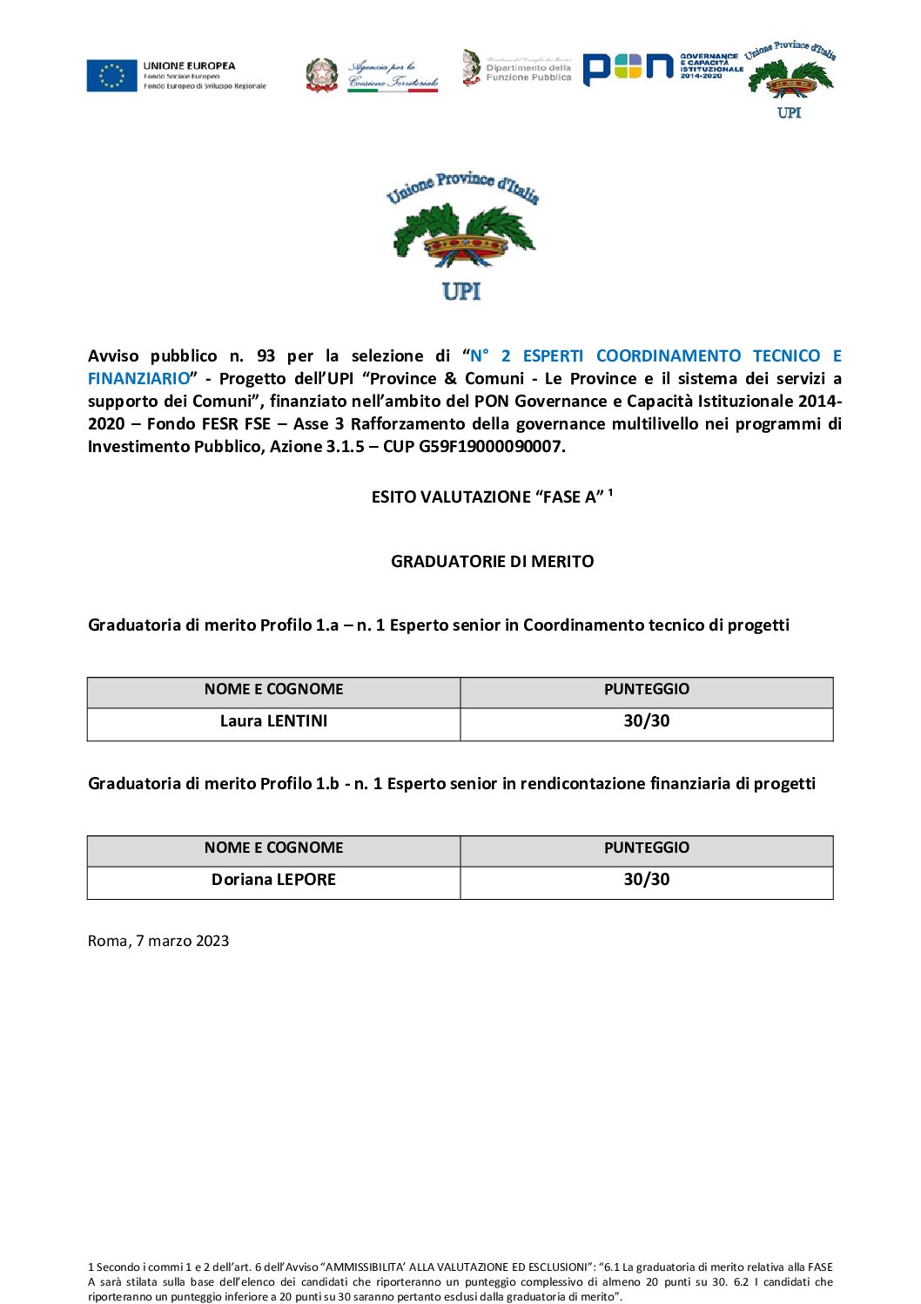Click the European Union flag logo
[x=111, y=76]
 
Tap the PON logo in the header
[x=629, y=69]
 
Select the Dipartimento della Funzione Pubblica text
[x=528, y=72]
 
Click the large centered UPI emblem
[x=462, y=235]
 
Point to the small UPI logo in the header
[x=790, y=80]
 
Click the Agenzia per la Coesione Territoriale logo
[x=373, y=75]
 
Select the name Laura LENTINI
[x=273, y=721]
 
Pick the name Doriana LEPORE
[x=273, y=880]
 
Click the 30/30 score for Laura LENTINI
[x=646, y=721]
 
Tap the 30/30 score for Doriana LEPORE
[x=646, y=880]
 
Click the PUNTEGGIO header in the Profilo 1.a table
[x=646, y=689]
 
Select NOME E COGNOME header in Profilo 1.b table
[x=273, y=848]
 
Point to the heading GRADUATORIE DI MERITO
[x=492, y=562]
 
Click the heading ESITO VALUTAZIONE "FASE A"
[x=487, y=497]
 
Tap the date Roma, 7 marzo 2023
[x=158, y=941]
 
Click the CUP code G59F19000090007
[x=491, y=447]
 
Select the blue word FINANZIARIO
[x=138, y=379]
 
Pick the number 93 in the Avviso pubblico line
[x=266, y=356]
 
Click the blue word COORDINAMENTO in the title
[x=669, y=356]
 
